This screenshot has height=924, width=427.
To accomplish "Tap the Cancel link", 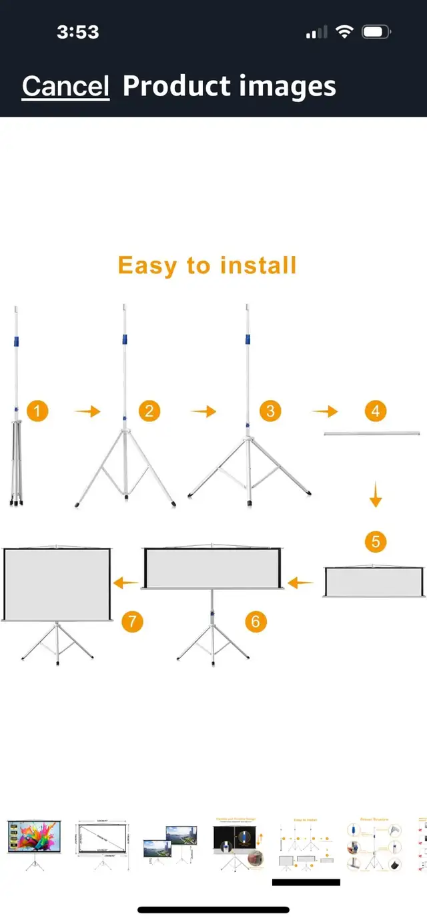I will coord(65,87).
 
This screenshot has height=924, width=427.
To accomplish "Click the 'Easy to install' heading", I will coord(207,265).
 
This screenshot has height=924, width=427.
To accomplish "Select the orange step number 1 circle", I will coord(37,411).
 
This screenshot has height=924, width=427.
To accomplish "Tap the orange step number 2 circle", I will coord(149,411).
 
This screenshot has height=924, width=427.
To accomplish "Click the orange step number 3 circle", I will coord(270,411).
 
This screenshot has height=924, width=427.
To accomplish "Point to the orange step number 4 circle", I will coord(376,411).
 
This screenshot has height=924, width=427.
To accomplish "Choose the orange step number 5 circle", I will coord(376,541).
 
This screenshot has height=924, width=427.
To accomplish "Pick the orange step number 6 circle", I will coord(256,621).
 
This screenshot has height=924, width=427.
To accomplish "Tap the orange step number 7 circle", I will coord(132,621).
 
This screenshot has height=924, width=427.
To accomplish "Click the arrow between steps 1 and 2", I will coord(87,412).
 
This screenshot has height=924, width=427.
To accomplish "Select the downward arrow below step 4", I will coord(376,497).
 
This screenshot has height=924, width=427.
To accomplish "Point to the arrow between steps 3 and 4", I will coord(324,412).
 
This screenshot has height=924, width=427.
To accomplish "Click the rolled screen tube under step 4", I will coord(372,434).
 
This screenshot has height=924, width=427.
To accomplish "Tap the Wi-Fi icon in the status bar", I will coord(344,32).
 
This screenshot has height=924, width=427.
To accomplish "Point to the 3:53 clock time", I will coord(78,32).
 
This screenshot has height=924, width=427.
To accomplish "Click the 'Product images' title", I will coord(229,87).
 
